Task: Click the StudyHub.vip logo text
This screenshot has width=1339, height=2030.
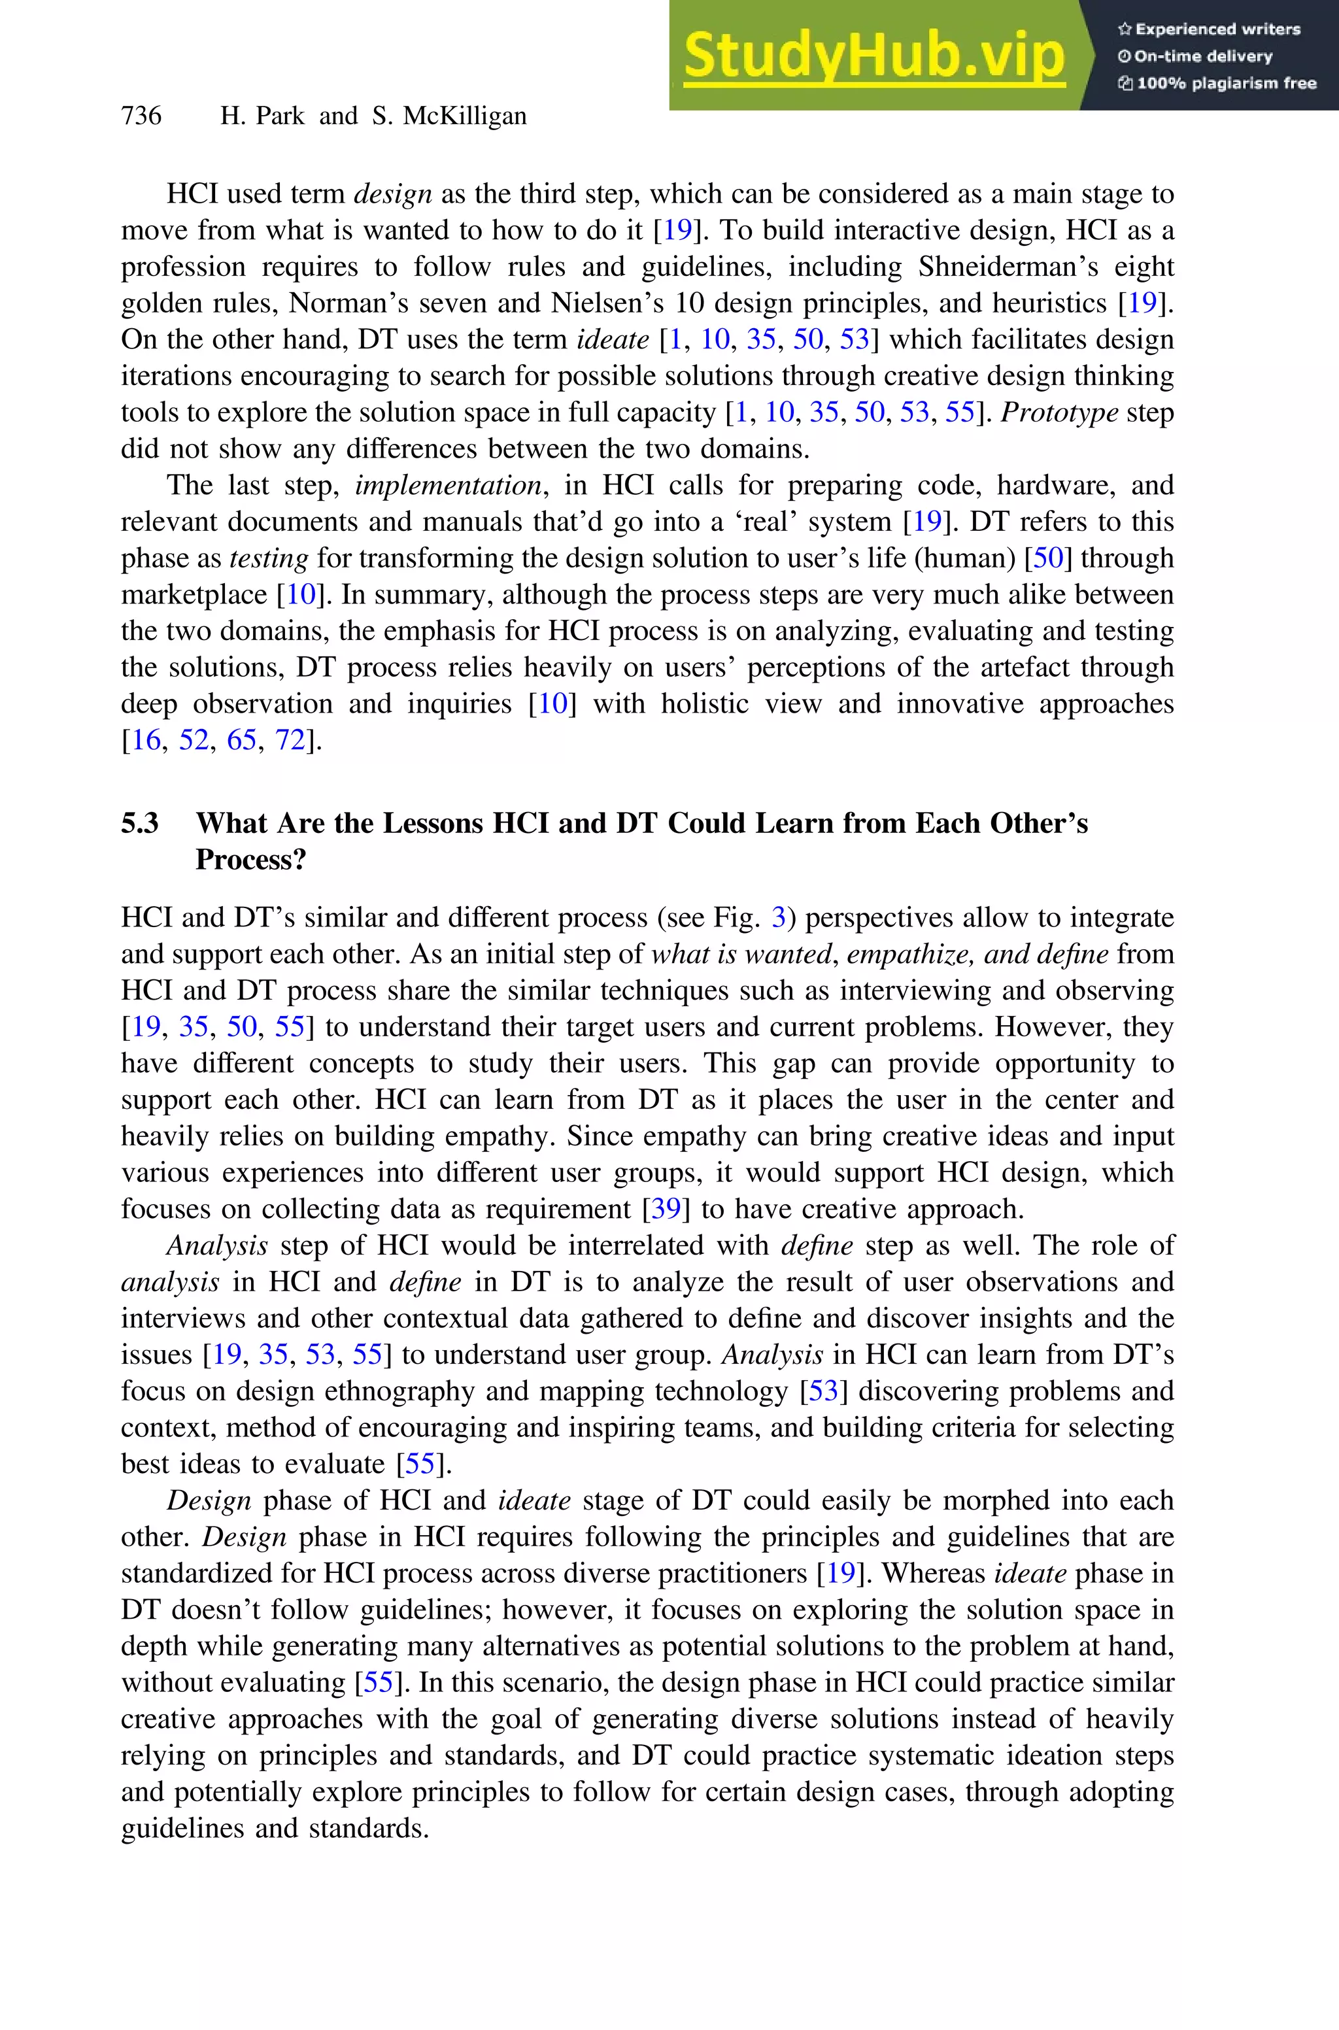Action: [x=873, y=56]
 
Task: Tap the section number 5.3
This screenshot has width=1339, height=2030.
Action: [x=139, y=823]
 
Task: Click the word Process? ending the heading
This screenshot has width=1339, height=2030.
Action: [x=250, y=860]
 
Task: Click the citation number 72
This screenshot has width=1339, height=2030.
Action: [x=290, y=740]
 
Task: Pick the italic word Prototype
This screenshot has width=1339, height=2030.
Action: [x=1059, y=413]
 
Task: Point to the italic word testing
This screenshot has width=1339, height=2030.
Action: [x=268, y=558]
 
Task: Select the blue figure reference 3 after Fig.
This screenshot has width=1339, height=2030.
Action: [x=778, y=918]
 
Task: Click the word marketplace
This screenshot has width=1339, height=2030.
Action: [x=194, y=595]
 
